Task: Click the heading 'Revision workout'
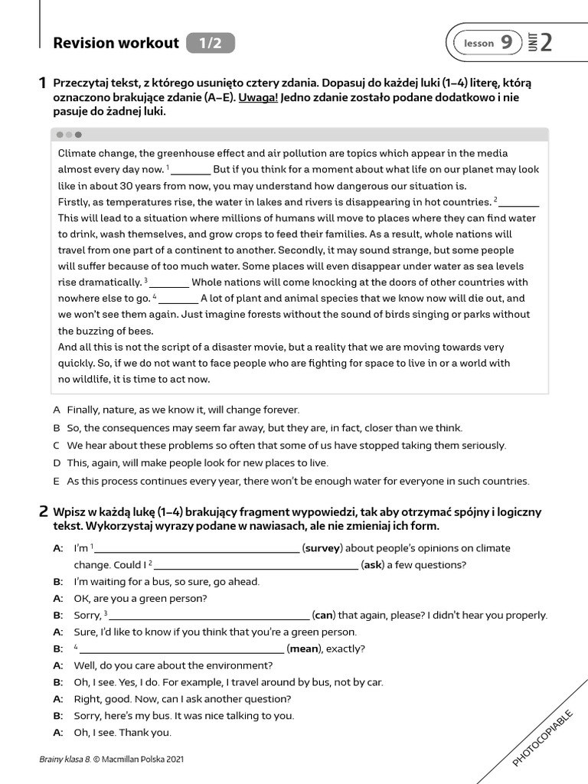116,43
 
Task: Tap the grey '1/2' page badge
210,44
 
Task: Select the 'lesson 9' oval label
487,44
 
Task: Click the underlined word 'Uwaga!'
258,97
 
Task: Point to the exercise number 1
43,83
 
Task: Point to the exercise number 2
43,511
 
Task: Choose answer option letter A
57,410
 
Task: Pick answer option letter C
57,446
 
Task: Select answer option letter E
57,482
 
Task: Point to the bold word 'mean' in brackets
304,648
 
